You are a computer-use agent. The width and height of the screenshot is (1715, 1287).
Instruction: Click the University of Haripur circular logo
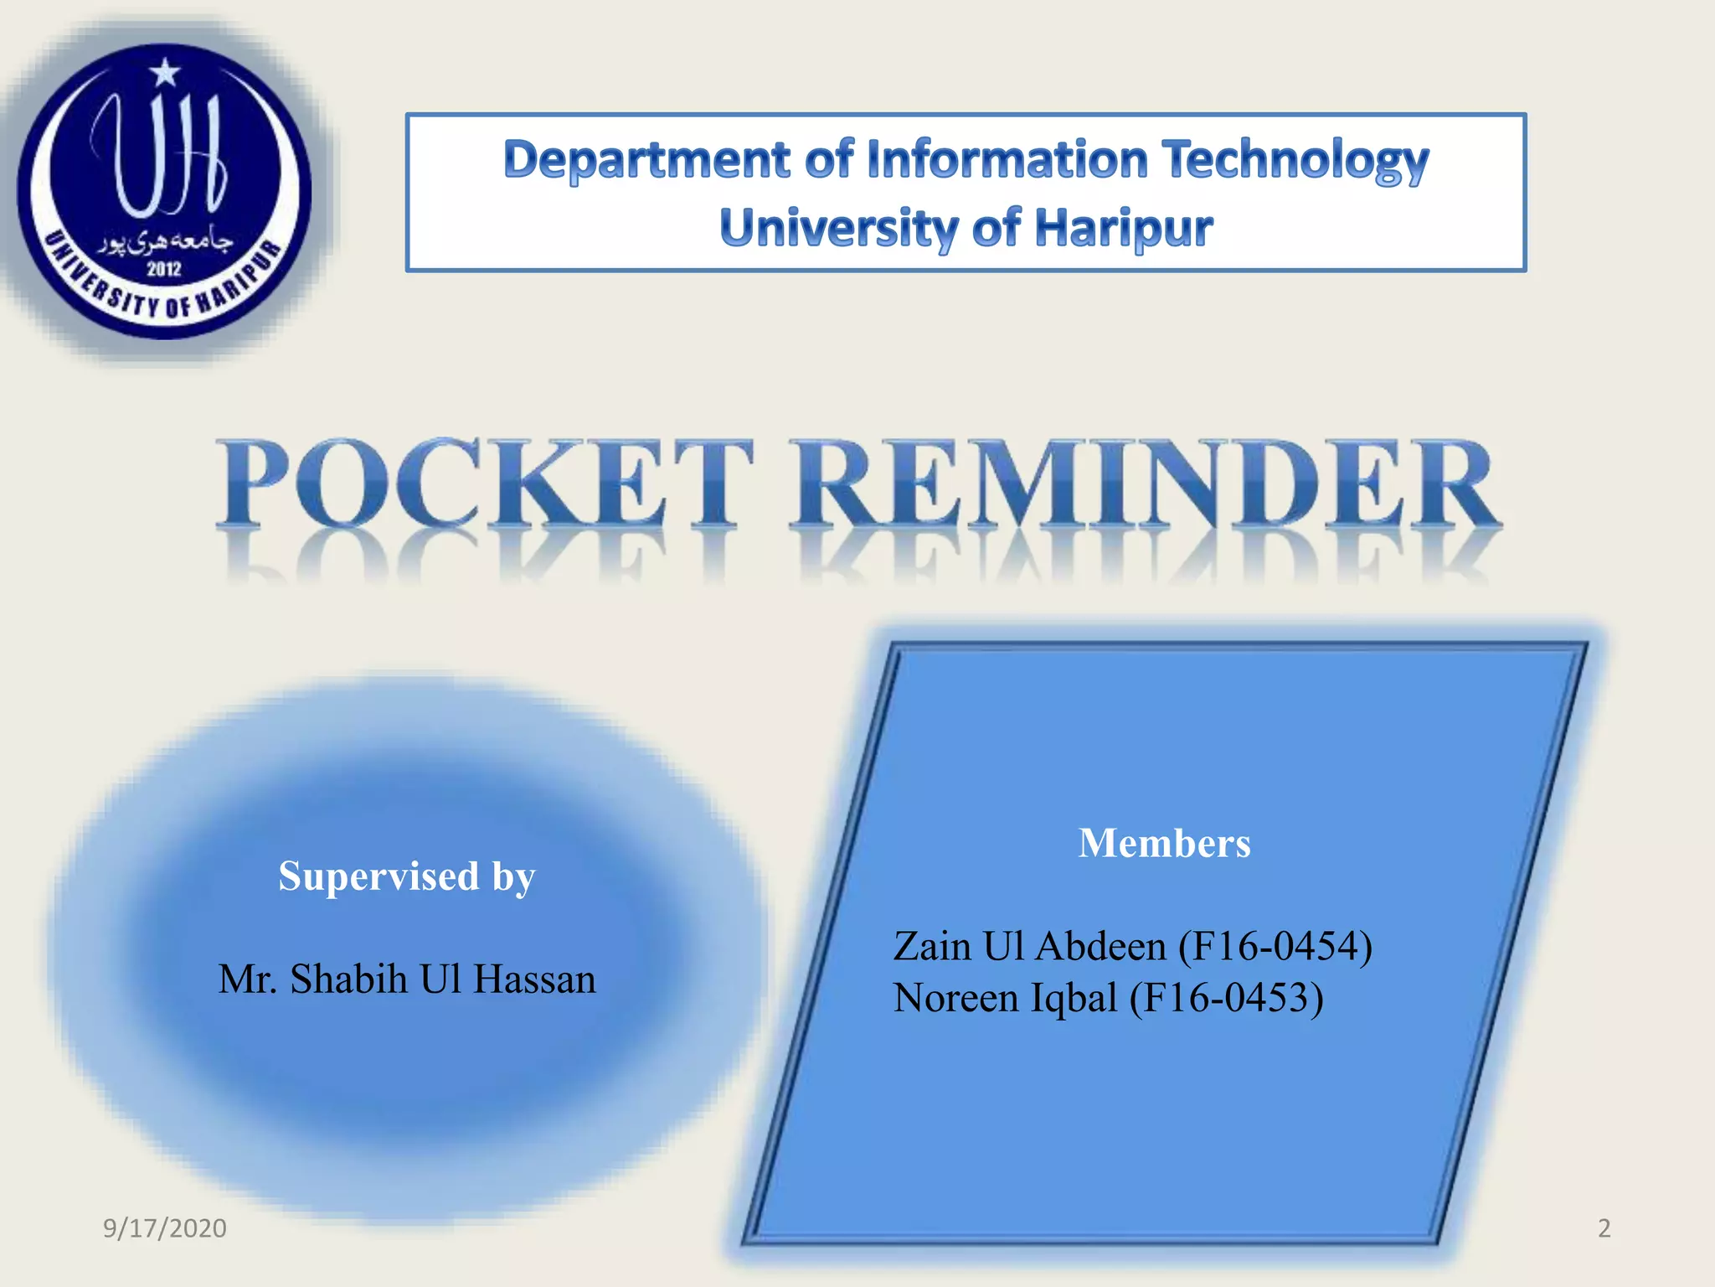click(x=164, y=191)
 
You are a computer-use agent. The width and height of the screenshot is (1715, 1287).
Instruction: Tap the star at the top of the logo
click(x=165, y=73)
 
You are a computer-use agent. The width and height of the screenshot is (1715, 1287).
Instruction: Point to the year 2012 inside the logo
click(x=164, y=269)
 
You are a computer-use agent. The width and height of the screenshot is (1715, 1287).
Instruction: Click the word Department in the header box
click(x=646, y=160)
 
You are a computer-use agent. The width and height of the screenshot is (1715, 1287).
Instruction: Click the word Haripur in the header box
click(x=1124, y=229)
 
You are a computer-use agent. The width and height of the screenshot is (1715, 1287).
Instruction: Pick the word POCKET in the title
click(x=484, y=486)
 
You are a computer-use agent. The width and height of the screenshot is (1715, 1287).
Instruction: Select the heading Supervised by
click(x=406, y=877)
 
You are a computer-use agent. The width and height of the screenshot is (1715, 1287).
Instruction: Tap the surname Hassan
click(x=534, y=979)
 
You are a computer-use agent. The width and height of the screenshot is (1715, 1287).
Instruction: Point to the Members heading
click(x=1164, y=843)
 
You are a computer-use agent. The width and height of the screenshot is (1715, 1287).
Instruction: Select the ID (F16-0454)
click(x=1275, y=947)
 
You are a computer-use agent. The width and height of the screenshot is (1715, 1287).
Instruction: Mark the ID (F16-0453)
click(x=1226, y=998)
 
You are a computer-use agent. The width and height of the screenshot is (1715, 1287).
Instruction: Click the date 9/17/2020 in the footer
click(x=164, y=1228)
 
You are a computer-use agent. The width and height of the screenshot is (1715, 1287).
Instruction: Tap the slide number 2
click(x=1604, y=1228)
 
